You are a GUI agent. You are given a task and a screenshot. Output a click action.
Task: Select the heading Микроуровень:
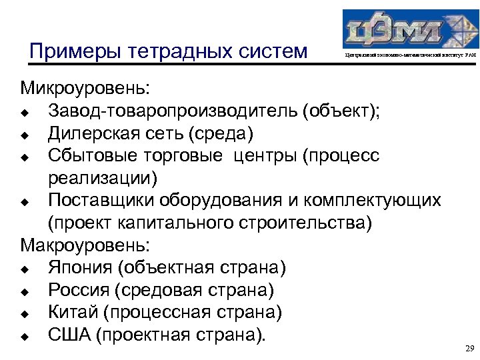point(85,88)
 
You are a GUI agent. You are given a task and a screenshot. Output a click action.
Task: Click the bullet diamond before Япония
point(25,269)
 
